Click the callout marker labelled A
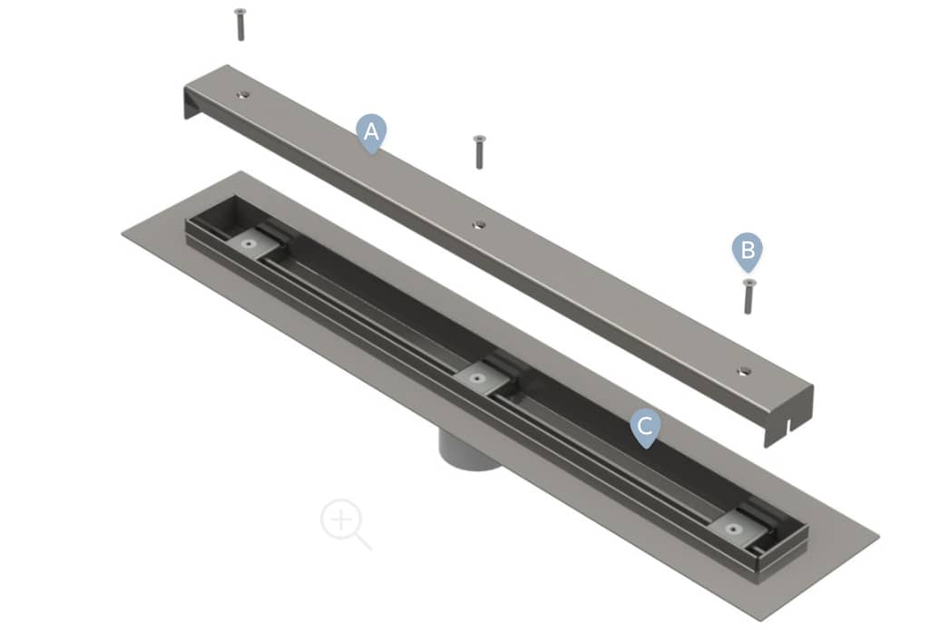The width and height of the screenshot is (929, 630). tap(371, 132)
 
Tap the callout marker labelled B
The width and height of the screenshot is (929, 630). tap(748, 250)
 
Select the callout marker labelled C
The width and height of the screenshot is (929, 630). tap(645, 426)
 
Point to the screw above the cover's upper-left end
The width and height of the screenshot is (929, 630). tap(240, 24)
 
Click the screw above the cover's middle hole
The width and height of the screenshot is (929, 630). tap(479, 152)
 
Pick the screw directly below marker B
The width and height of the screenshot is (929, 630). tap(748, 296)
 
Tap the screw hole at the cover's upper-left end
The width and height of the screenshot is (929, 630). tap(243, 94)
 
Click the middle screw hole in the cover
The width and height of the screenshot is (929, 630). tap(479, 225)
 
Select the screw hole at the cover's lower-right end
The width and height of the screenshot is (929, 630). tap(744, 372)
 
